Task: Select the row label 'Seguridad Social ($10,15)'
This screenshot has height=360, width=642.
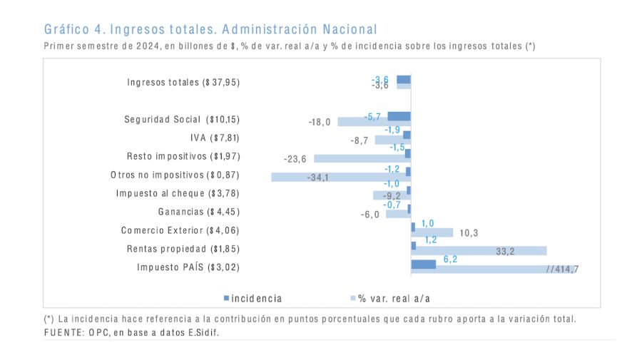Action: [182, 119]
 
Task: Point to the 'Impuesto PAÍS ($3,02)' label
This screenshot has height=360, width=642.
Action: [188, 267]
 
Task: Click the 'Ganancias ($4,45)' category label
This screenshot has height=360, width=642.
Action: [198, 212]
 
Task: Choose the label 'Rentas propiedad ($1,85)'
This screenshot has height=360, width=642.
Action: [183, 249]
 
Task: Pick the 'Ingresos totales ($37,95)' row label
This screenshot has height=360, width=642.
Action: [183, 82]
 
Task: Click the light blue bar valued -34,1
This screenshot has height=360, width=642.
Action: [340, 177]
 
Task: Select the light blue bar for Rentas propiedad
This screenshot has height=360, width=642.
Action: [479, 251]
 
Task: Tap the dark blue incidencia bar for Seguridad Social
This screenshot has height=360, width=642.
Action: [399, 116]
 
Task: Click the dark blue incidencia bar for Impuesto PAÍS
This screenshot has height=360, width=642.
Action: [423, 264]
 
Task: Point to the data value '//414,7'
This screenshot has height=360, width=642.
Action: [562, 269]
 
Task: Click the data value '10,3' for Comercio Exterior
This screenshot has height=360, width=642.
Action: [468, 232]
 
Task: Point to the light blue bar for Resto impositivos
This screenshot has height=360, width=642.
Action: [362, 158]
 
